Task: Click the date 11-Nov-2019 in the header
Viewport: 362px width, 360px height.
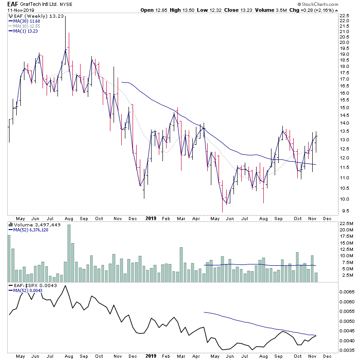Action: tap(17, 10)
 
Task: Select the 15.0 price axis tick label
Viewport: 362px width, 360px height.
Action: tap(344, 108)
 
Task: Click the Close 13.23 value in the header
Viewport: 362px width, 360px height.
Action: tap(251, 10)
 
